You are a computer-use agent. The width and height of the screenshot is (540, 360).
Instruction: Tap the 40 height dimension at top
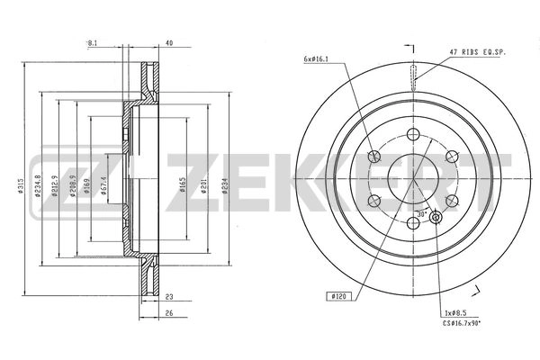(x=169, y=42)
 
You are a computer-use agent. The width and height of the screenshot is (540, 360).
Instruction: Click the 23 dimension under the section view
(x=168, y=296)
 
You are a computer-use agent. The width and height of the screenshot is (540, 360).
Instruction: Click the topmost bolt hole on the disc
(x=412, y=134)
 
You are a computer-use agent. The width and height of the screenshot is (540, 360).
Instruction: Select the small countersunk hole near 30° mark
(x=436, y=217)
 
